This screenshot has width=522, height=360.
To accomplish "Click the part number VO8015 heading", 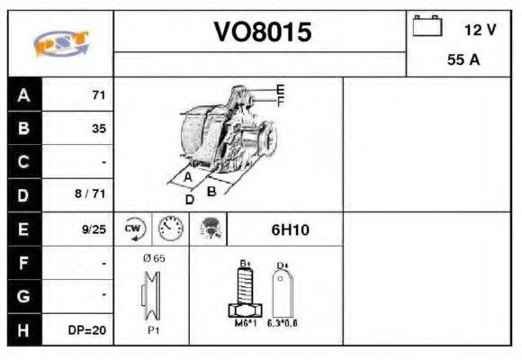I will coord(261,33).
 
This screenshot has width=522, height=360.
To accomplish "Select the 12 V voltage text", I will coord(480,30).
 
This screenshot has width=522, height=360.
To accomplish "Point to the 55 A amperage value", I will coord(463,61).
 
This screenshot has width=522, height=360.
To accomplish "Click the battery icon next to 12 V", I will coord(427,26).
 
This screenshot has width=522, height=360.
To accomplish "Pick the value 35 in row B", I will coord(99,129).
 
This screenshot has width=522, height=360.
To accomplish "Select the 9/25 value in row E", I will coord(94,229).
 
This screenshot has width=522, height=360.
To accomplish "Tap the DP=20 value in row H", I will coord(87,330).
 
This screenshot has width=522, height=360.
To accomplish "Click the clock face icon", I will coord(169,229).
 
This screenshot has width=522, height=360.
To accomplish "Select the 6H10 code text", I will coord(290,229).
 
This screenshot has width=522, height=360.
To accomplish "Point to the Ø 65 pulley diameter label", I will coord(154,258).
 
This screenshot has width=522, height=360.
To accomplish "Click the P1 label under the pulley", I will coord(154,329).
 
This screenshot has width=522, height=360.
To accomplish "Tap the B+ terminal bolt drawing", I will coord(244,290).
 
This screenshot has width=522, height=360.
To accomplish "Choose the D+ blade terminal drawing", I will coord(283,290).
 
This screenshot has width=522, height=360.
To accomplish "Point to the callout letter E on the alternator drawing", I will coord(280,89).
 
